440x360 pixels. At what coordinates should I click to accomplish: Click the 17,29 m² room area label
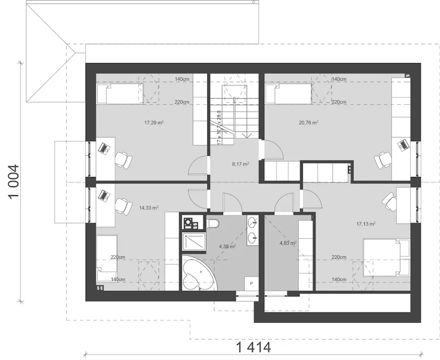154,122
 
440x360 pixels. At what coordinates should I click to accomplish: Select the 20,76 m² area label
309,122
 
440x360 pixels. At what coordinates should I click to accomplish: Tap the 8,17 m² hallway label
241,164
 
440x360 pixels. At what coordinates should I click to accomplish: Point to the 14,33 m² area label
148,208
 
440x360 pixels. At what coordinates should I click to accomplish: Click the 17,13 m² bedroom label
366,224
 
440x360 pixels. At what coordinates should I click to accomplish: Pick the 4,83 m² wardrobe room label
288,243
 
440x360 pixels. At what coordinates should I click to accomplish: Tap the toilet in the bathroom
212,223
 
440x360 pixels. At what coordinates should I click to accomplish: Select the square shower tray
194,241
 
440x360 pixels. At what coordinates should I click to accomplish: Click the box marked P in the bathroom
251,283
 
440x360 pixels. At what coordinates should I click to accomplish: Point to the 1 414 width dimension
253,348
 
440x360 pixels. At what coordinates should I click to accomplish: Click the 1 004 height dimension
14,182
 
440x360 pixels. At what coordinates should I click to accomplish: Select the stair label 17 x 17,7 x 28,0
219,128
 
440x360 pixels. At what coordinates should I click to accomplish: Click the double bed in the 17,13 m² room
387,258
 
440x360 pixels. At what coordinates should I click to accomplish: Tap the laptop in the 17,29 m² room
104,148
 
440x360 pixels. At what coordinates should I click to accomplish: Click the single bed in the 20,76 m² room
288,94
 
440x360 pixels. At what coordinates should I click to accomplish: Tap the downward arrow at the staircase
247,135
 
